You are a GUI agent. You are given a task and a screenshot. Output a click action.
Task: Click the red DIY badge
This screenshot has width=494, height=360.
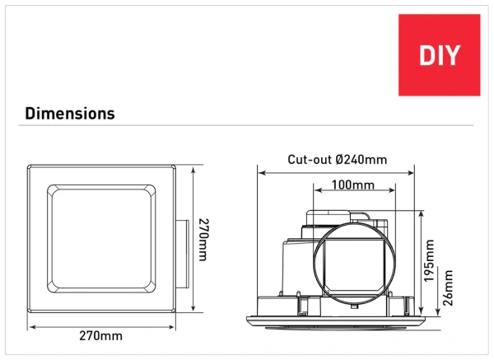(439, 55)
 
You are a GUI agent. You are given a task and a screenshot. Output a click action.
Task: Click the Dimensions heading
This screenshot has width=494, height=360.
(70, 113)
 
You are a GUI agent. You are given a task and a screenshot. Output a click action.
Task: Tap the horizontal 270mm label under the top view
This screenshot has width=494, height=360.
(102, 335)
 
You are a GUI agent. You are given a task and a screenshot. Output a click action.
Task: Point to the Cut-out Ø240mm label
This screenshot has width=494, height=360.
(337, 160)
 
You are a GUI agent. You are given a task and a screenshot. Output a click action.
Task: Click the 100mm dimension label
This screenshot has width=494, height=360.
(354, 185)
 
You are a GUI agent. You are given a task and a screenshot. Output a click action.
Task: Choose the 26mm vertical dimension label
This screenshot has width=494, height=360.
(449, 288)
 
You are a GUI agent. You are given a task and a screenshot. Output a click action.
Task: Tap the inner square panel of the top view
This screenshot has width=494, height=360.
(102, 240)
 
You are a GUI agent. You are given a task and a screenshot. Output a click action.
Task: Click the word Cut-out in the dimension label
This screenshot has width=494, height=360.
(305, 160)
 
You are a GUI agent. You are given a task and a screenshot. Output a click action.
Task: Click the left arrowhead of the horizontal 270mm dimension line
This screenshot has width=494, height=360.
(31, 325)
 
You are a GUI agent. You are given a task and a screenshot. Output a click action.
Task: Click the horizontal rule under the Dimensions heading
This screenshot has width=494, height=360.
(247, 126)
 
